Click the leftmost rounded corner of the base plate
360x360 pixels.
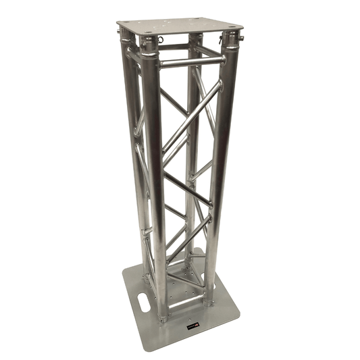(x=124, y=277)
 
